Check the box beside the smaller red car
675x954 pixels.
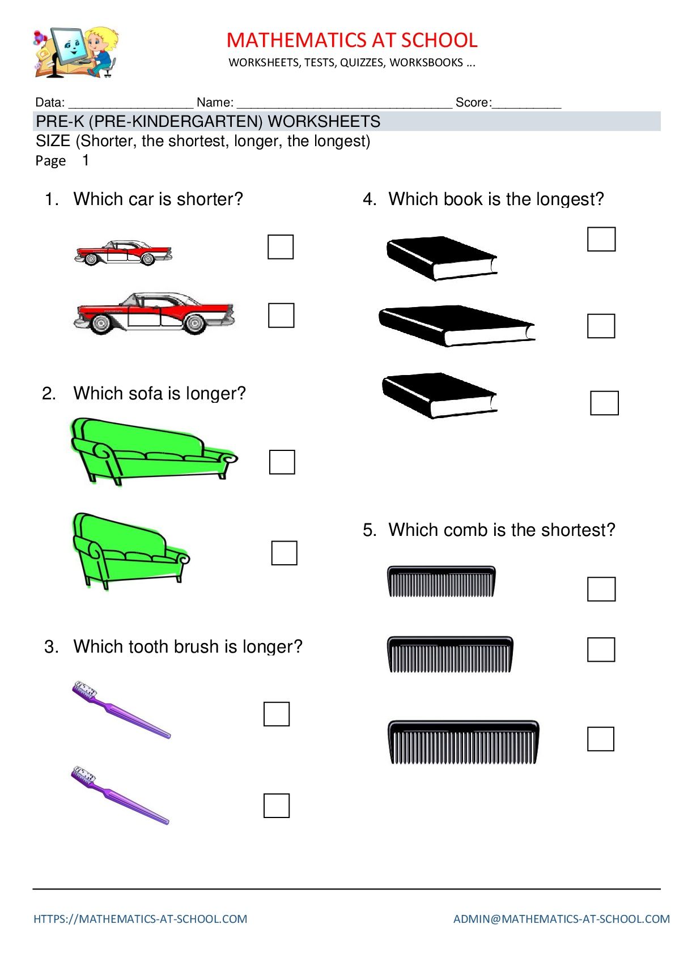(x=281, y=246)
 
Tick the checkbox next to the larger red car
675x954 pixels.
(x=281, y=315)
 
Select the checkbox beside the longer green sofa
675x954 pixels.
(x=282, y=462)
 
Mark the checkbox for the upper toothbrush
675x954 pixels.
(x=277, y=714)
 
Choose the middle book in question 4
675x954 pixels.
(x=456, y=326)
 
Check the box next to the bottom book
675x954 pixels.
(x=604, y=403)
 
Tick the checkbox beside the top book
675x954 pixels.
(x=601, y=239)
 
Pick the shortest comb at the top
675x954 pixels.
(x=441, y=581)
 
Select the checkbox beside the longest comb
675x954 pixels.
(x=600, y=739)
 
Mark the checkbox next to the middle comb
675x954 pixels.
(x=601, y=649)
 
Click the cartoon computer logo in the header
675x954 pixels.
(x=76, y=52)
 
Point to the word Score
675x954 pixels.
(x=473, y=102)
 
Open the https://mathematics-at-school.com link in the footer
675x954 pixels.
(x=140, y=919)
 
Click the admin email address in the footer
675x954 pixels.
(x=561, y=919)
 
